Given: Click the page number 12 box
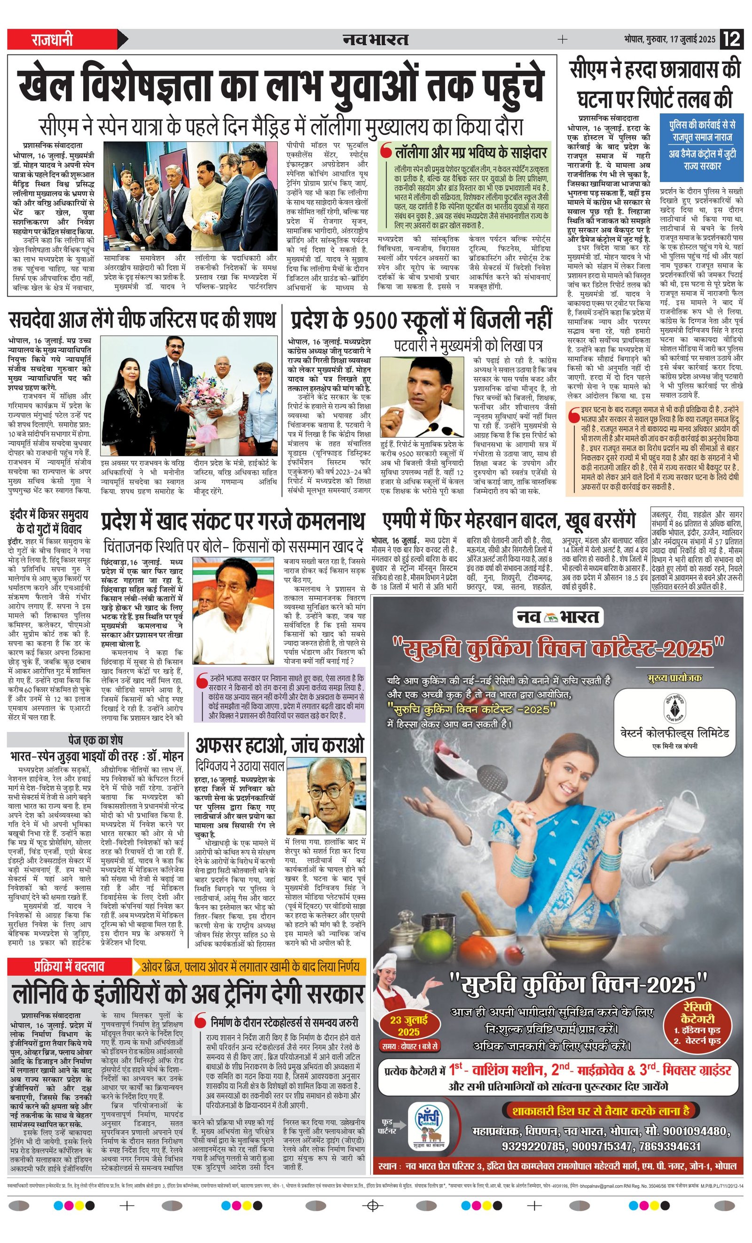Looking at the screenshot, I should tap(731, 39).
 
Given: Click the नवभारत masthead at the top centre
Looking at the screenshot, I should tap(376, 39).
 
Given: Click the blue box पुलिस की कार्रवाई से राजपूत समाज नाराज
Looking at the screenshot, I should tap(702, 147).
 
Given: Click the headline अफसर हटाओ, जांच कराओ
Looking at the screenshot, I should tap(280, 745).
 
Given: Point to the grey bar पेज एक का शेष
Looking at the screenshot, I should tap(95, 740).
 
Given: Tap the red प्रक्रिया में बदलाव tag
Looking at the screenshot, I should tap(69, 967).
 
